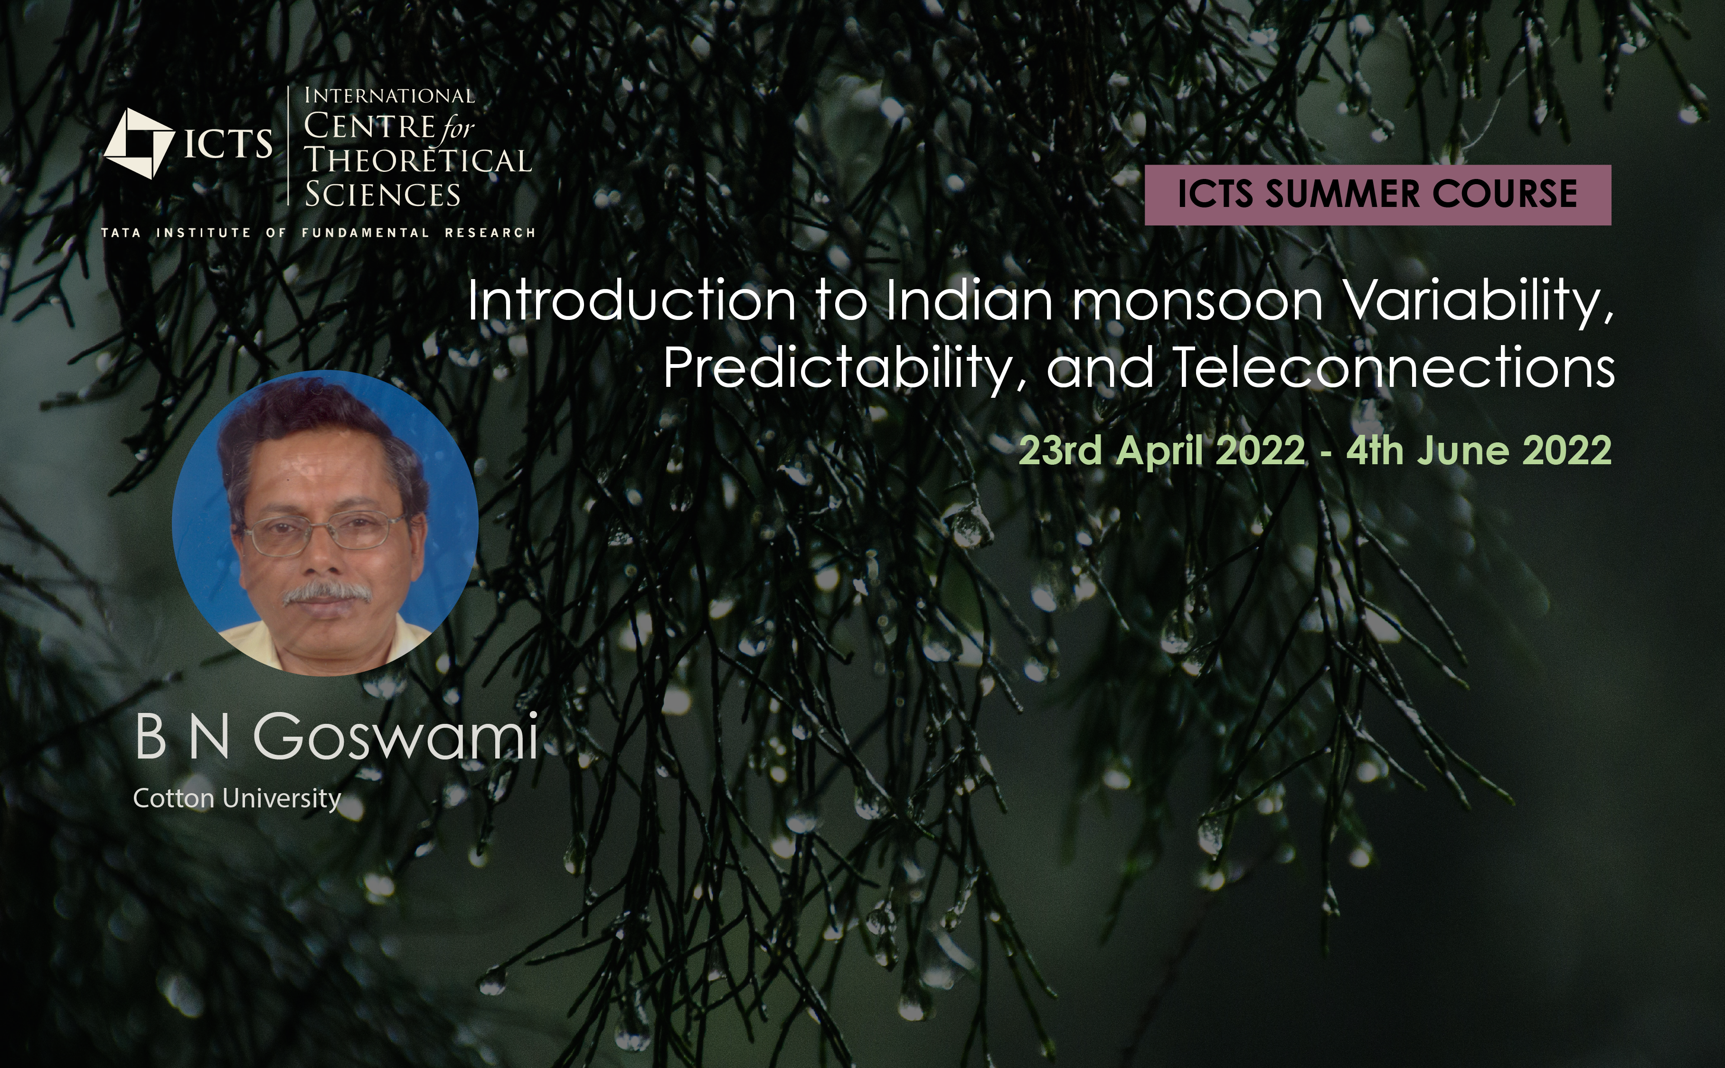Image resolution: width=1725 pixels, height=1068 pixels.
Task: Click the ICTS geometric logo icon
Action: tap(139, 143)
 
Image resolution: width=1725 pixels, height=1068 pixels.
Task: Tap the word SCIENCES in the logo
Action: tap(382, 194)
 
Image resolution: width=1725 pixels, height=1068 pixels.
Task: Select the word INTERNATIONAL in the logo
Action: tap(389, 95)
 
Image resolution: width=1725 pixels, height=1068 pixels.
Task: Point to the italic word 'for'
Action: tap(458, 129)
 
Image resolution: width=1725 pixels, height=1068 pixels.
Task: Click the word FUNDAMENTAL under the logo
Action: tap(365, 233)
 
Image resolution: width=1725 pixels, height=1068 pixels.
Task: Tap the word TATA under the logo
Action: tap(121, 233)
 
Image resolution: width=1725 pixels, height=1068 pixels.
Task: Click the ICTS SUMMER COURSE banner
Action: tap(1377, 195)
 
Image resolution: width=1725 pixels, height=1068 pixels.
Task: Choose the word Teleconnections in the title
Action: tap(1394, 367)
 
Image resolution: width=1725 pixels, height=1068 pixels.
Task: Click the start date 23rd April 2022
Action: tap(1161, 450)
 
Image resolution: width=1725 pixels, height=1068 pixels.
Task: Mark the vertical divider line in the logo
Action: tap(289, 146)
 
